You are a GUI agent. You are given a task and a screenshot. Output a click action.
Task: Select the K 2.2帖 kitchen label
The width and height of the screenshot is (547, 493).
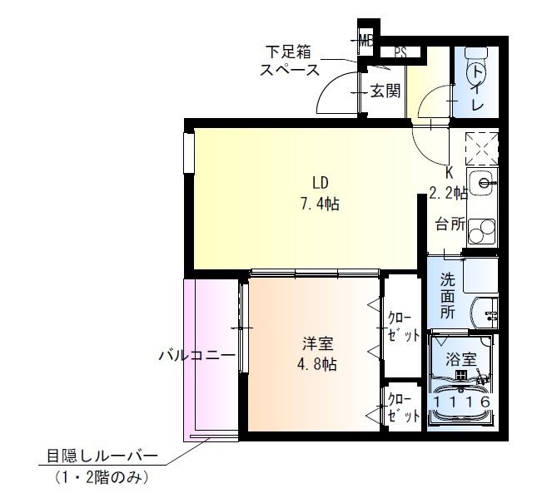(x=448, y=183)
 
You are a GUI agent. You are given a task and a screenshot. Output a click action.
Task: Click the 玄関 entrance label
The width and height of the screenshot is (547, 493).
(x=385, y=91)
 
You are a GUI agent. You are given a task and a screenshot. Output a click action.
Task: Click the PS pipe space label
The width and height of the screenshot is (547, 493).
(x=400, y=52)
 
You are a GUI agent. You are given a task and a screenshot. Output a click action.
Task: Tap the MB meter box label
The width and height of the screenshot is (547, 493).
(x=365, y=39)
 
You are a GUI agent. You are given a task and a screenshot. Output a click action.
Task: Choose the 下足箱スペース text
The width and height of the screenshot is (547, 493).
(x=290, y=60)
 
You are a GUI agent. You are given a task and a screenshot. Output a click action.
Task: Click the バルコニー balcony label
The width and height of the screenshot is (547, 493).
(x=197, y=356)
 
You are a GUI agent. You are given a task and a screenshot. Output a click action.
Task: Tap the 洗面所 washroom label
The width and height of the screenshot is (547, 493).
(x=448, y=297)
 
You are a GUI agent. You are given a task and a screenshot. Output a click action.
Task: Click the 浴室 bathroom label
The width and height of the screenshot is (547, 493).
(x=460, y=359)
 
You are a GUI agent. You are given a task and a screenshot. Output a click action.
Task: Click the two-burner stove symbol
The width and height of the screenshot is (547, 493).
(x=481, y=229)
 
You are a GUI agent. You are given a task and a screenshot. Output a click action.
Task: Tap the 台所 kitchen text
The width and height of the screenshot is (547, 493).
(x=449, y=224)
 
